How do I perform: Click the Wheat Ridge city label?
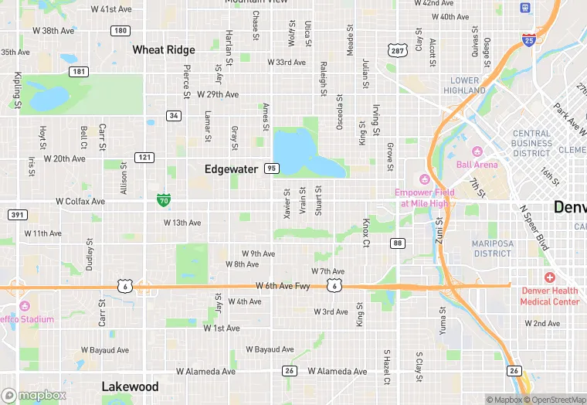(x=164, y=49)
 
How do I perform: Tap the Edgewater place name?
(x=231, y=168)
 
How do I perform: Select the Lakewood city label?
(x=130, y=386)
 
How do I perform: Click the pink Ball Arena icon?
(x=477, y=151)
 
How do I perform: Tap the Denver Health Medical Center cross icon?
(x=549, y=277)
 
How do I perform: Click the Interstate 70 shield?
(x=163, y=199)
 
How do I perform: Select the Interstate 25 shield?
(x=528, y=39)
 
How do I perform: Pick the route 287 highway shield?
(x=397, y=51)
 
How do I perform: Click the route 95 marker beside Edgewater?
(x=270, y=168)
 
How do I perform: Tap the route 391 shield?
(x=17, y=215)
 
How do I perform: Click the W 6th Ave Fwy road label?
(x=283, y=286)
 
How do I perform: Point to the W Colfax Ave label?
(x=80, y=201)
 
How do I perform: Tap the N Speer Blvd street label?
(x=533, y=228)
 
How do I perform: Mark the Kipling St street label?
(x=16, y=90)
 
